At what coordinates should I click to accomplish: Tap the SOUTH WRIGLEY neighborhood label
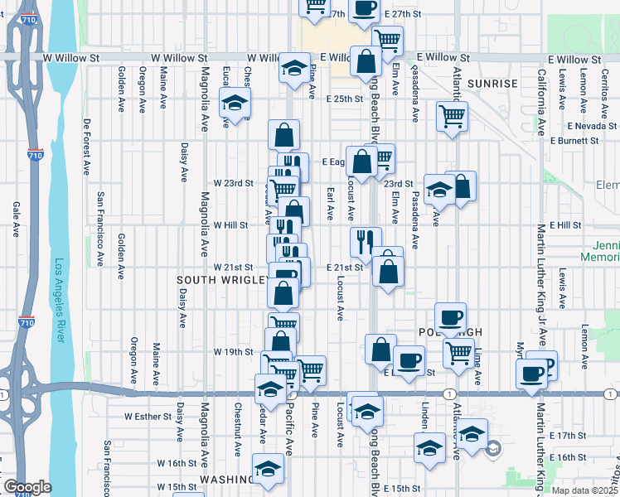click(x=220, y=281)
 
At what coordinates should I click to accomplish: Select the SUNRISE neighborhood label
click(x=492, y=84)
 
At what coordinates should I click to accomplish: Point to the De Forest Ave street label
click(x=86, y=146)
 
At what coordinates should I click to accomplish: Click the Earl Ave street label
click(x=330, y=204)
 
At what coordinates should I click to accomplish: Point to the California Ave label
click(x=541, y=103)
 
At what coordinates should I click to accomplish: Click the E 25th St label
click(x=345, y=99)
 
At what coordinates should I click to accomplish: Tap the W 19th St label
click(x=233, y=352)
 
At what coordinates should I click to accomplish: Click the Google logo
click(x=27, y=487)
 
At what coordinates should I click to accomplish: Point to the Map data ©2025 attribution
click(x=577, y=490)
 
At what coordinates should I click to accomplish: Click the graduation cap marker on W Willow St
click(x=293, y=69)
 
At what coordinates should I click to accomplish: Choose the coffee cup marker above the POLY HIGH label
click(x=450, y=316)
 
